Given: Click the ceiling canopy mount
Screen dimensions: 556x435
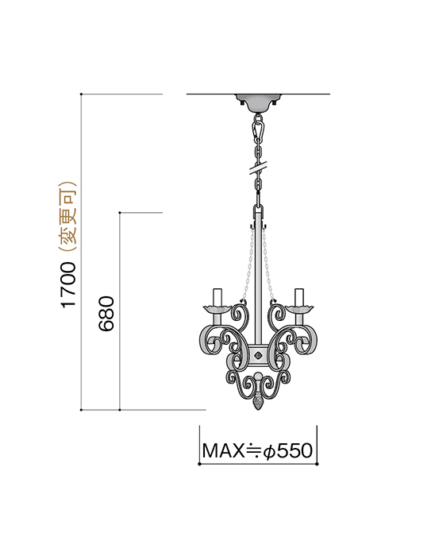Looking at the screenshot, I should point(258,102).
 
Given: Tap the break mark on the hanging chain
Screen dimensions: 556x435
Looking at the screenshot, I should point(258,168).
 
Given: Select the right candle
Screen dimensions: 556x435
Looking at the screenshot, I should point(299,296).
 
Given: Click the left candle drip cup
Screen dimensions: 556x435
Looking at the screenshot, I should point(217,308).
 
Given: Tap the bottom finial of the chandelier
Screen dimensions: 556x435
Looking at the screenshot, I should point(258,403).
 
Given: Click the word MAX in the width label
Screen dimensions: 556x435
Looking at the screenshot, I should point(221,451).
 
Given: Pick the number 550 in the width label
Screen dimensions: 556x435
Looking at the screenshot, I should point(294,451).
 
